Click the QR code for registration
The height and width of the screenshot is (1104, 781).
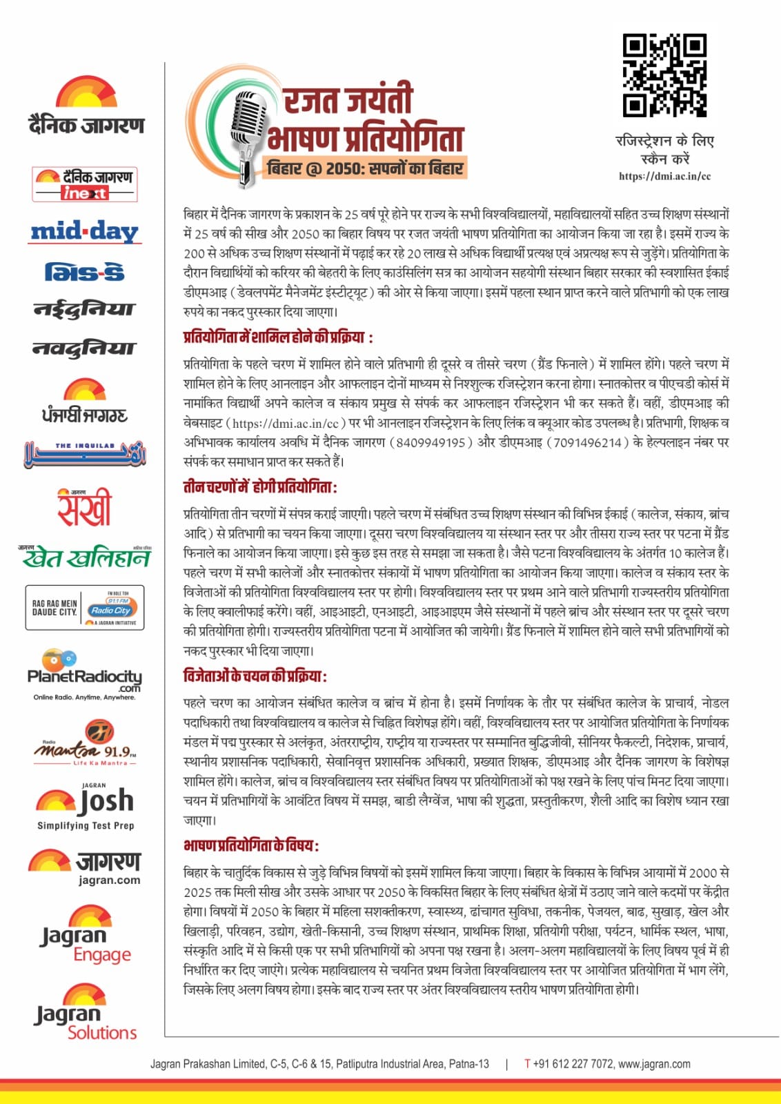664,75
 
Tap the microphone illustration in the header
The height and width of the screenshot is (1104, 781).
249,132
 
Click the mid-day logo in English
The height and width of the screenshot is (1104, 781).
84,232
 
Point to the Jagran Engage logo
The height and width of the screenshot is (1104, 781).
85,936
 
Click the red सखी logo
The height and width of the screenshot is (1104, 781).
83,507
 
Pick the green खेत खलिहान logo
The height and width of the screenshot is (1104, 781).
85,556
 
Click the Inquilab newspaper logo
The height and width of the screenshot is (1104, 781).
85,453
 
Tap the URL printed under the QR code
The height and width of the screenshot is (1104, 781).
664,177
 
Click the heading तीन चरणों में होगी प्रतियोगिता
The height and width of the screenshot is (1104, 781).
260,487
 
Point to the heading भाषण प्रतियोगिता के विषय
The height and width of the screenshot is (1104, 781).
251,845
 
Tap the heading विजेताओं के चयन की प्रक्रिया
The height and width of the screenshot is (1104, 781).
255,676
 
